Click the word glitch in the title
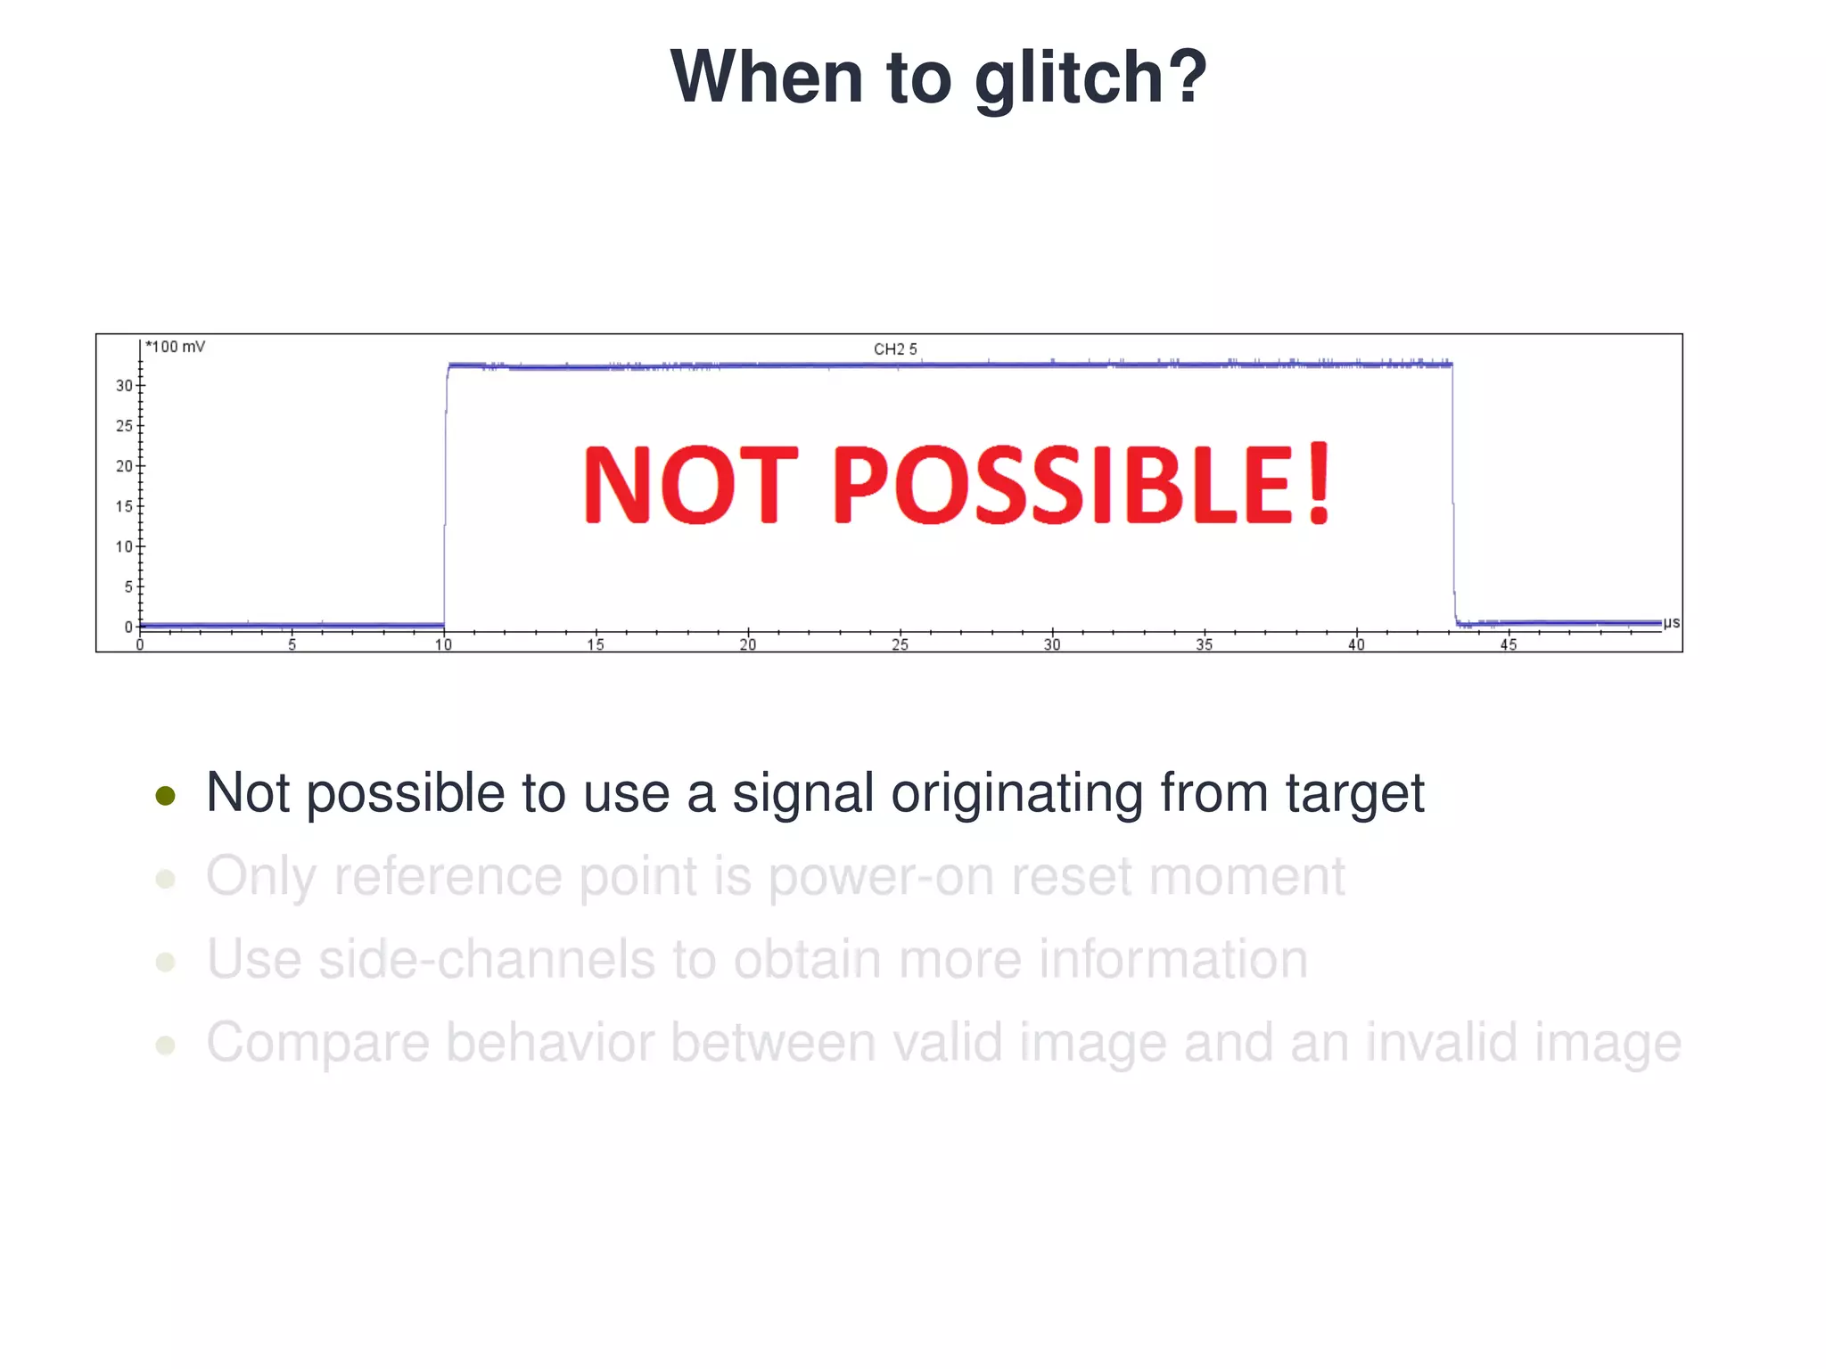point(1089,78)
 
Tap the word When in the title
point(766,77)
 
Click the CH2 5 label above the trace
point(895,349)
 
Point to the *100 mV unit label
point(176,347)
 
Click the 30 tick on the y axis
point(124,386)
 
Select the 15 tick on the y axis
point(124,506)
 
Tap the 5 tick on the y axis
point(127,586)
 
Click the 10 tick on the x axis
point(443,644)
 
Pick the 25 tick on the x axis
point(900,644)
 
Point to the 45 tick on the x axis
point(1508,644)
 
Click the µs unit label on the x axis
point(1671,622)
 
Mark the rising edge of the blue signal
point(445,495)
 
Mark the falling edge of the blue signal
point(1453,495)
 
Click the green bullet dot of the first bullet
point(165,795)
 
